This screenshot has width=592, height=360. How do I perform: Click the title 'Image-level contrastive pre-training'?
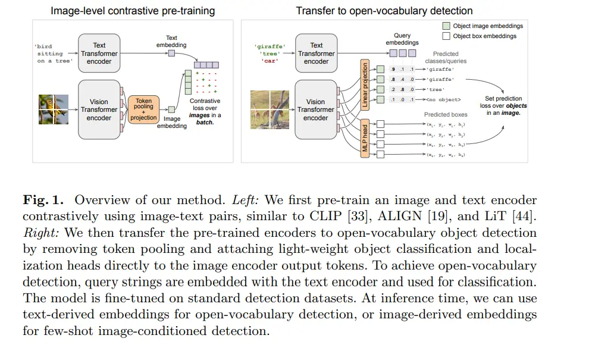132,11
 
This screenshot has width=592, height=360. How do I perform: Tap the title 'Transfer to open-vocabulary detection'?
384,11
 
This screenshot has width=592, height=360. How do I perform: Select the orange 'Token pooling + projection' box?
143,109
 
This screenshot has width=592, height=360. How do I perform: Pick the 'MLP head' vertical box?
365,138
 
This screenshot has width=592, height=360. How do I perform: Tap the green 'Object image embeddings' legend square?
446,26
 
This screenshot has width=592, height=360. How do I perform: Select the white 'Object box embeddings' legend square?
446,36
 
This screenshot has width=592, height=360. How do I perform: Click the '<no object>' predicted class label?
443,99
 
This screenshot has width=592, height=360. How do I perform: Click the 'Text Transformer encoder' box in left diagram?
99,54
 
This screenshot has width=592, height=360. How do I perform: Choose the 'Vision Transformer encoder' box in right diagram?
315,109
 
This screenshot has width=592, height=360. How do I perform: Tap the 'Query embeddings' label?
402,39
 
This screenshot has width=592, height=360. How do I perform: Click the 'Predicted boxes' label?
445,114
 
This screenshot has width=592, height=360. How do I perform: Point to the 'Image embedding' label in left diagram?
171,123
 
